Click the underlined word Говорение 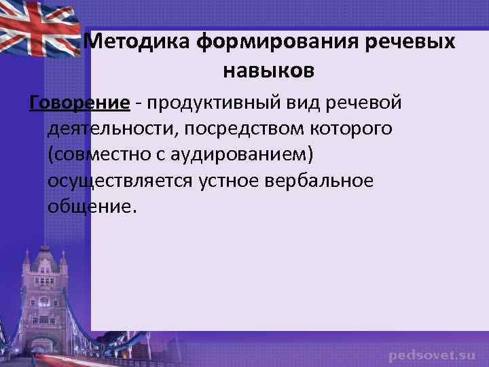79,103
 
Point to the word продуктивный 213,103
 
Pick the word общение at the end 91,206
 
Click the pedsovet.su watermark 432,355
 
